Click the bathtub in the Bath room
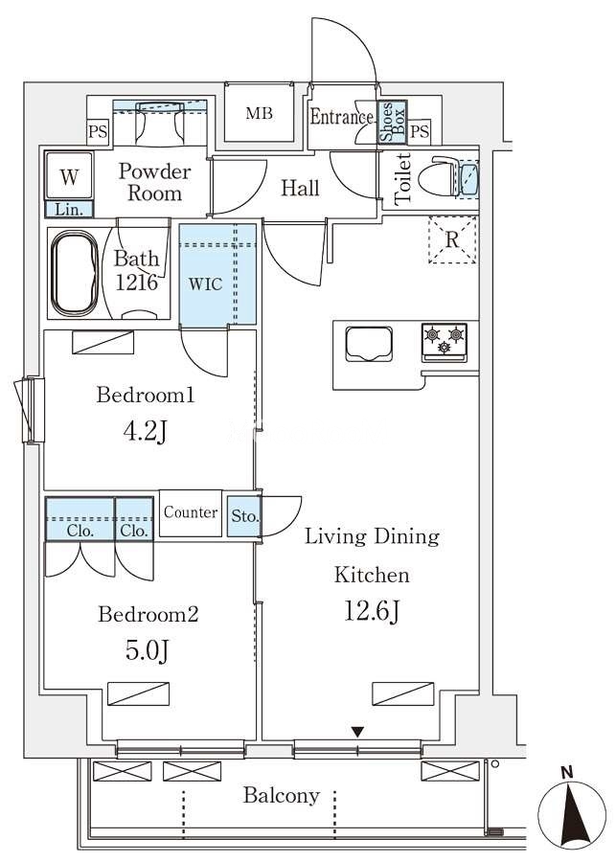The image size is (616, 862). point(75,274)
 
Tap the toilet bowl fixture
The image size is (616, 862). point(440,176)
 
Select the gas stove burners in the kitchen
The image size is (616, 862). point(445,342)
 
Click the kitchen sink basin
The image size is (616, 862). point(369,345)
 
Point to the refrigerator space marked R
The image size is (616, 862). point(452,239)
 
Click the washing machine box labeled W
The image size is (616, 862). point(69,176)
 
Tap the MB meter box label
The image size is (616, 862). point(259,114)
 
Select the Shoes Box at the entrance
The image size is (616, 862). point(393,122)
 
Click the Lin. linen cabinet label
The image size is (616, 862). point(69,210)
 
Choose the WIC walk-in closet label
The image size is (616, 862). point(206,284)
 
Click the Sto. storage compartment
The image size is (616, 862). point(244,515)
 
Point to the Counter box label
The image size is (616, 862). point(191,512)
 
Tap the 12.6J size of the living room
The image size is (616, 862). point(372,610)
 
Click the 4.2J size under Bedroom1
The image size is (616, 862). point(145,431)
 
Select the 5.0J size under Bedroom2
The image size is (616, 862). point(147,650)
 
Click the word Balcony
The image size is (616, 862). point(282,796)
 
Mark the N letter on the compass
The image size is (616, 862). point(567,772)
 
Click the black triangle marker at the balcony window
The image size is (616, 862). point(358,732)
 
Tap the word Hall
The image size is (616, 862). point(300,188)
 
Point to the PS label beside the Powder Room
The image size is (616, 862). point(98,132)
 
